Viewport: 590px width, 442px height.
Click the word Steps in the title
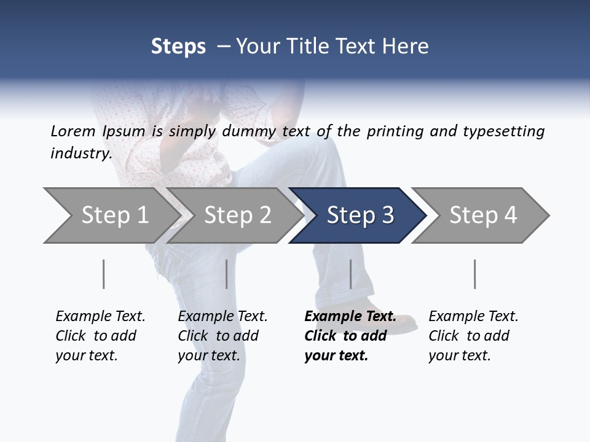(178, 46)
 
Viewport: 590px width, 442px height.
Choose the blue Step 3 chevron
(360, 215)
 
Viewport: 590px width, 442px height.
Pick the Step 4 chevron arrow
(482, 215)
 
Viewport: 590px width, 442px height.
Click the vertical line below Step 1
(103, 274)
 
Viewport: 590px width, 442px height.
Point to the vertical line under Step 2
(227, 274)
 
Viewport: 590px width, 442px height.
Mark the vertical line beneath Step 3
(350, 274)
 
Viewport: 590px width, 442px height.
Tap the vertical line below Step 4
(474, 274)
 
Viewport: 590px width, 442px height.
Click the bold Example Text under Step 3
(350, 317)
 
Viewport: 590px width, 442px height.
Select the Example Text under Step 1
(100, 317)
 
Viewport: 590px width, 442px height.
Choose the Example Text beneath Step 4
(473, 317)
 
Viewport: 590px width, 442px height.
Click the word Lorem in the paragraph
(73, 131)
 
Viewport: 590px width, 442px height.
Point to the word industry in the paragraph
(81, 153)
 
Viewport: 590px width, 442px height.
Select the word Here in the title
(408, 46)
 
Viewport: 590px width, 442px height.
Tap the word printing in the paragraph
(395, 131)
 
